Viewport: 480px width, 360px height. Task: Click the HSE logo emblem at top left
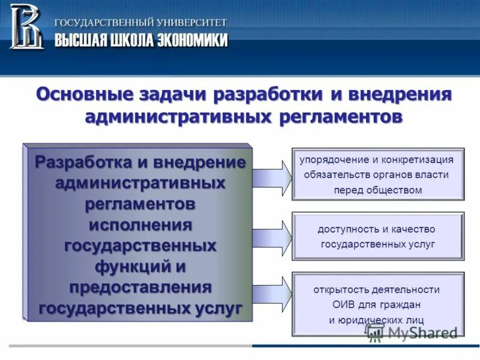click(26, 26)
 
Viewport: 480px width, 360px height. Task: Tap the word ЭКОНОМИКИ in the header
click(193, 40)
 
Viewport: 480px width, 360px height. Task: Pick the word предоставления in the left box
click(140, 287)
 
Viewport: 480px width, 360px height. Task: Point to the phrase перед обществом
click(378, 190)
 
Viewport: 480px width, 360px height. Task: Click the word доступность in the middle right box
click(343, 229)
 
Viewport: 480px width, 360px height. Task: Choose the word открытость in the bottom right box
click(338, 289)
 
